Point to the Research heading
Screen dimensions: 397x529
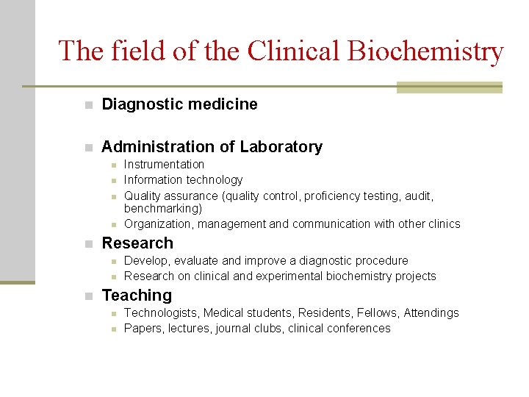[x=137, y=243]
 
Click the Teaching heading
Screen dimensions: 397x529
[x=137, y=296]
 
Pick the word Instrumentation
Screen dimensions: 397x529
[x=164, y=165]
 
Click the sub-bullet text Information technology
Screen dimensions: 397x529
[x=183, y=180]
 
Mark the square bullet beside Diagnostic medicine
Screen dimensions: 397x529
[x=88, y=105]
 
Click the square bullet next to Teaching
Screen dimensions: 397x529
[x=88, y=296]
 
